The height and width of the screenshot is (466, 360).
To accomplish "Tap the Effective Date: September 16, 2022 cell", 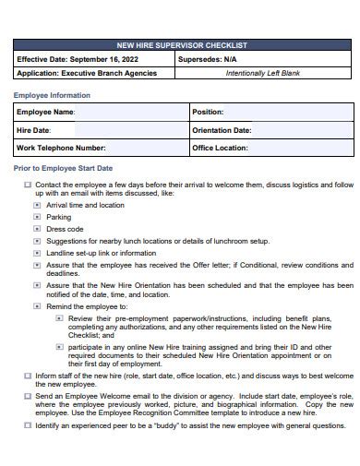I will click(x=92, y=58).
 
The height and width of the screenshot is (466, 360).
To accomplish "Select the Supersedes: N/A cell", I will click(x=263, y=58).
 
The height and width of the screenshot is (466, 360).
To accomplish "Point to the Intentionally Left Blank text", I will click(x=263, y=72).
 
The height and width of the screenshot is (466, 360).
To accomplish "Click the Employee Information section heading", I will click(x=52, y=95).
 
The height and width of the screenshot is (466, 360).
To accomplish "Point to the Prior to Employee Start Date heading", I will click(x=63, y=168).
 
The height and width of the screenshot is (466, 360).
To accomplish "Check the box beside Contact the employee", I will click(x=28, y=185).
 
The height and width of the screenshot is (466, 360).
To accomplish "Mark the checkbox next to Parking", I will click(x=38, y=218).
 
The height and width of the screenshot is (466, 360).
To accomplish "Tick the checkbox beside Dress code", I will click(x=38, y=229).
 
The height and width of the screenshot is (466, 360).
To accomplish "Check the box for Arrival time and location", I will click(x=38, y=206).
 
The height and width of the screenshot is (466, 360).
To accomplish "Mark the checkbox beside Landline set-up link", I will click(x=38, y=253).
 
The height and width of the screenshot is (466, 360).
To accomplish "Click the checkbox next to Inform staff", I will click(x=28, y=376).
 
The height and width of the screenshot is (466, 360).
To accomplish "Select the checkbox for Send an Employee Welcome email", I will click(x=28, y=396).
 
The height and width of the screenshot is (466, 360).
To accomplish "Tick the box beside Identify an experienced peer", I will click(x=28, y=426).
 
